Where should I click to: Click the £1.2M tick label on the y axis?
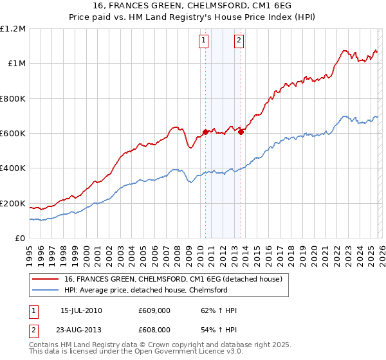(12, 28)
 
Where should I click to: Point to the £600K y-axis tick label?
(12, 134)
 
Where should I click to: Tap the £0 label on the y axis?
(19, 239)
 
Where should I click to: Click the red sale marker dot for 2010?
(205, 132)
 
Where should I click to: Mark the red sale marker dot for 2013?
(241, 132)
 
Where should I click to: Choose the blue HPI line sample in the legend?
(46, 290)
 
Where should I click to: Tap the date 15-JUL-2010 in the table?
(80, 311)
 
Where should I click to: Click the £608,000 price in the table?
(154, 329)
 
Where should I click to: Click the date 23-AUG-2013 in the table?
(82, 329)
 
